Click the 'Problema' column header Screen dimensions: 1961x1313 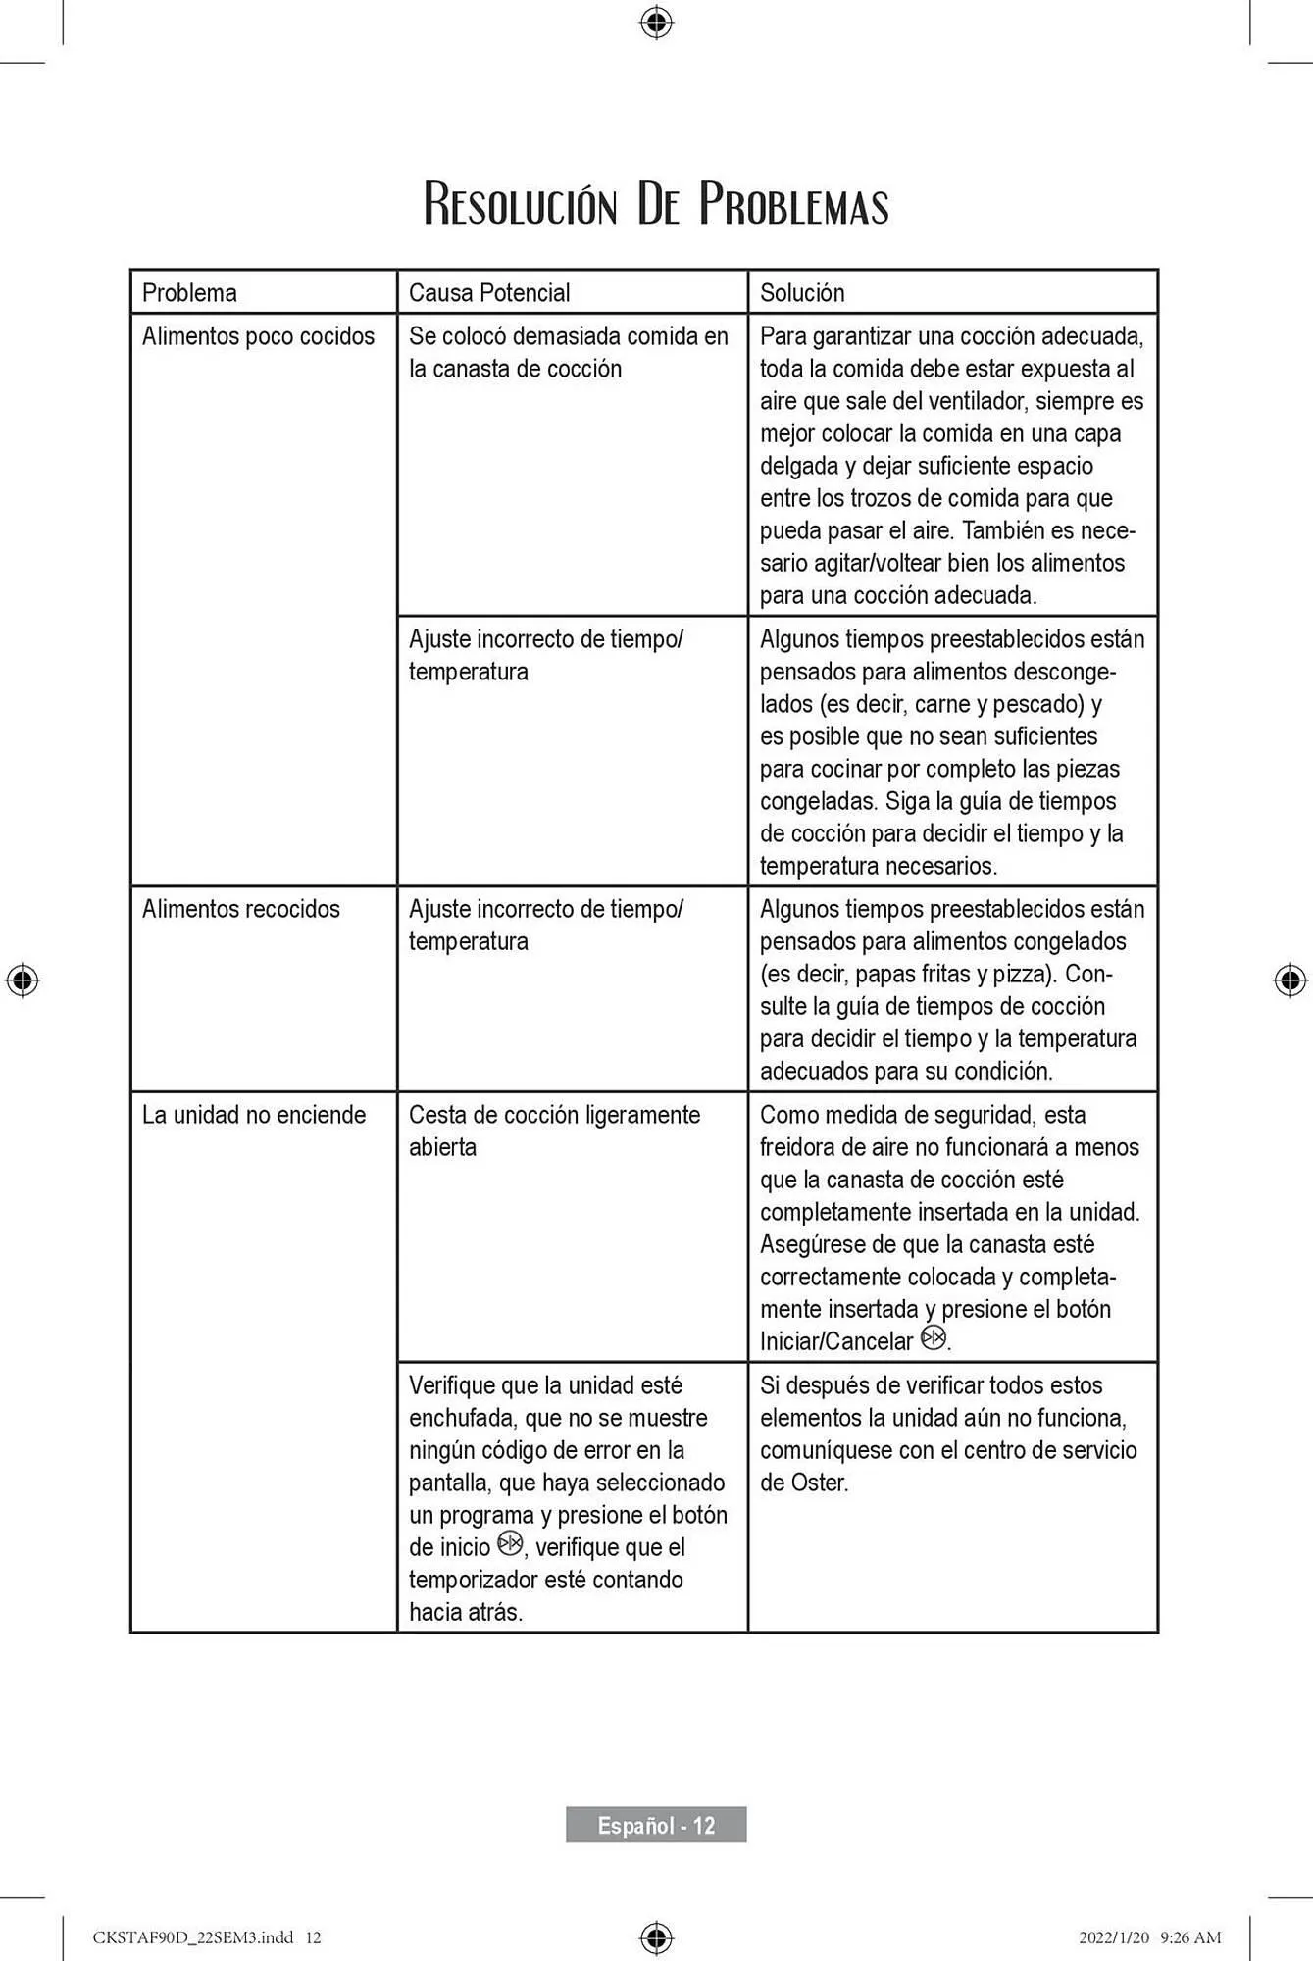pos(189,292)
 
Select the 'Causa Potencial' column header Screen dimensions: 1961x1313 pos(489,292)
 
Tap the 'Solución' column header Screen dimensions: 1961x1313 pos(802,292)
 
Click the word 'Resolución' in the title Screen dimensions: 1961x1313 pos(521,205)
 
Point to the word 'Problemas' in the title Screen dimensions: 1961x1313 pos(793,205)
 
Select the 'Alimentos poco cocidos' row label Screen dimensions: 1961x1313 pos(258,336)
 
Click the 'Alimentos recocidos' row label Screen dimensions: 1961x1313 pos(241,909)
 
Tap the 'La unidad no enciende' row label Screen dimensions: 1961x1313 pos(254,1115)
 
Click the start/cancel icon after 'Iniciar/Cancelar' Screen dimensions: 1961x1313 pos(934,1338)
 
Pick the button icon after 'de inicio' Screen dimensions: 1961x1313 pos(510,1544)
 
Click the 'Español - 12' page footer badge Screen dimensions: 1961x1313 pos(656,1825)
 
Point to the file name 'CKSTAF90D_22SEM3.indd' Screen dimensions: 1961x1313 pos(193,1937)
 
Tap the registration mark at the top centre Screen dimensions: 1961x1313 pos(656,22)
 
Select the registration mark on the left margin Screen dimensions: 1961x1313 pos(23,980)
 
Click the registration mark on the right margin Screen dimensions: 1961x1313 pos(1290,980)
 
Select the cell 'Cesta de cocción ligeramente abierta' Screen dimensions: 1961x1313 pos(554,1131)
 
